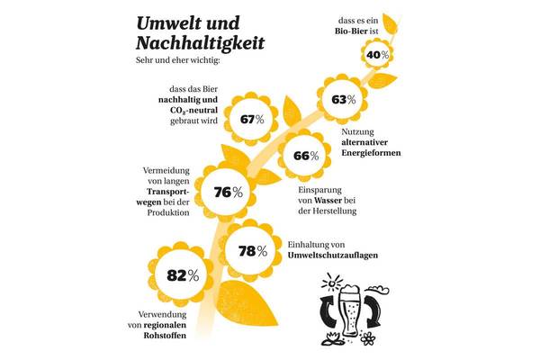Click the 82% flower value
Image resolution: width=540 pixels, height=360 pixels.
click(x=182, y=274)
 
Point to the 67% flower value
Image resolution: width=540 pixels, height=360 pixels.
click(x=251, y=118)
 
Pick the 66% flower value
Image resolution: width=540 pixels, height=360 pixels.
click(x=306, y=155)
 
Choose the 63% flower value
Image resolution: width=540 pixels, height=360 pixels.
click(x=343, y=99)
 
